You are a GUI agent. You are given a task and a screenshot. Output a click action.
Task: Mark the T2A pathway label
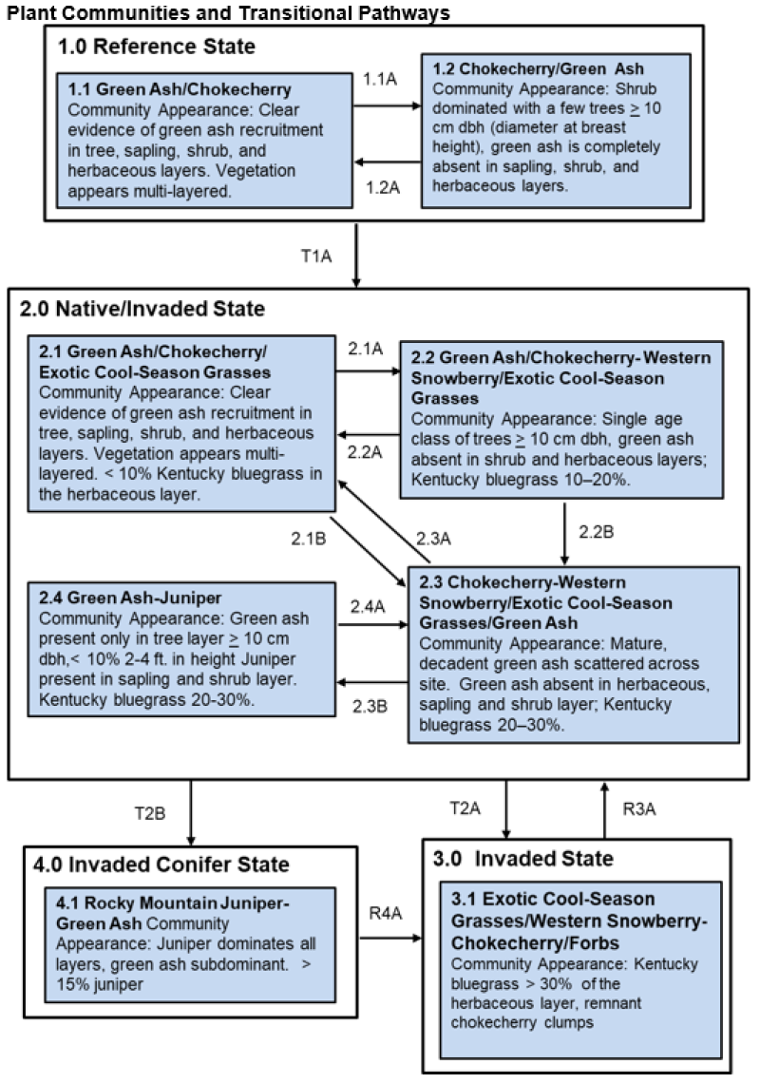pyautogui.click(x=466, y=808)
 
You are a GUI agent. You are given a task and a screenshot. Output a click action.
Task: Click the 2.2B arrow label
pyautogui.click(x=601, y=532)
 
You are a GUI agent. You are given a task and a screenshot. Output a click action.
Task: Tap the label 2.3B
pyautogui.click(x=370, y=704)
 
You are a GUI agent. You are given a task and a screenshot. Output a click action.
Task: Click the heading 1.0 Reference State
pyautogui.click(x=157, y=47)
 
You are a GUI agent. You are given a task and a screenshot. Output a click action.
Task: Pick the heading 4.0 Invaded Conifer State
pyautogui.click(x=161, y=864)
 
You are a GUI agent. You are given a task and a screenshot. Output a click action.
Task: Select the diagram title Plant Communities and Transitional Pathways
pyautogui.click(x=225, y=11)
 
